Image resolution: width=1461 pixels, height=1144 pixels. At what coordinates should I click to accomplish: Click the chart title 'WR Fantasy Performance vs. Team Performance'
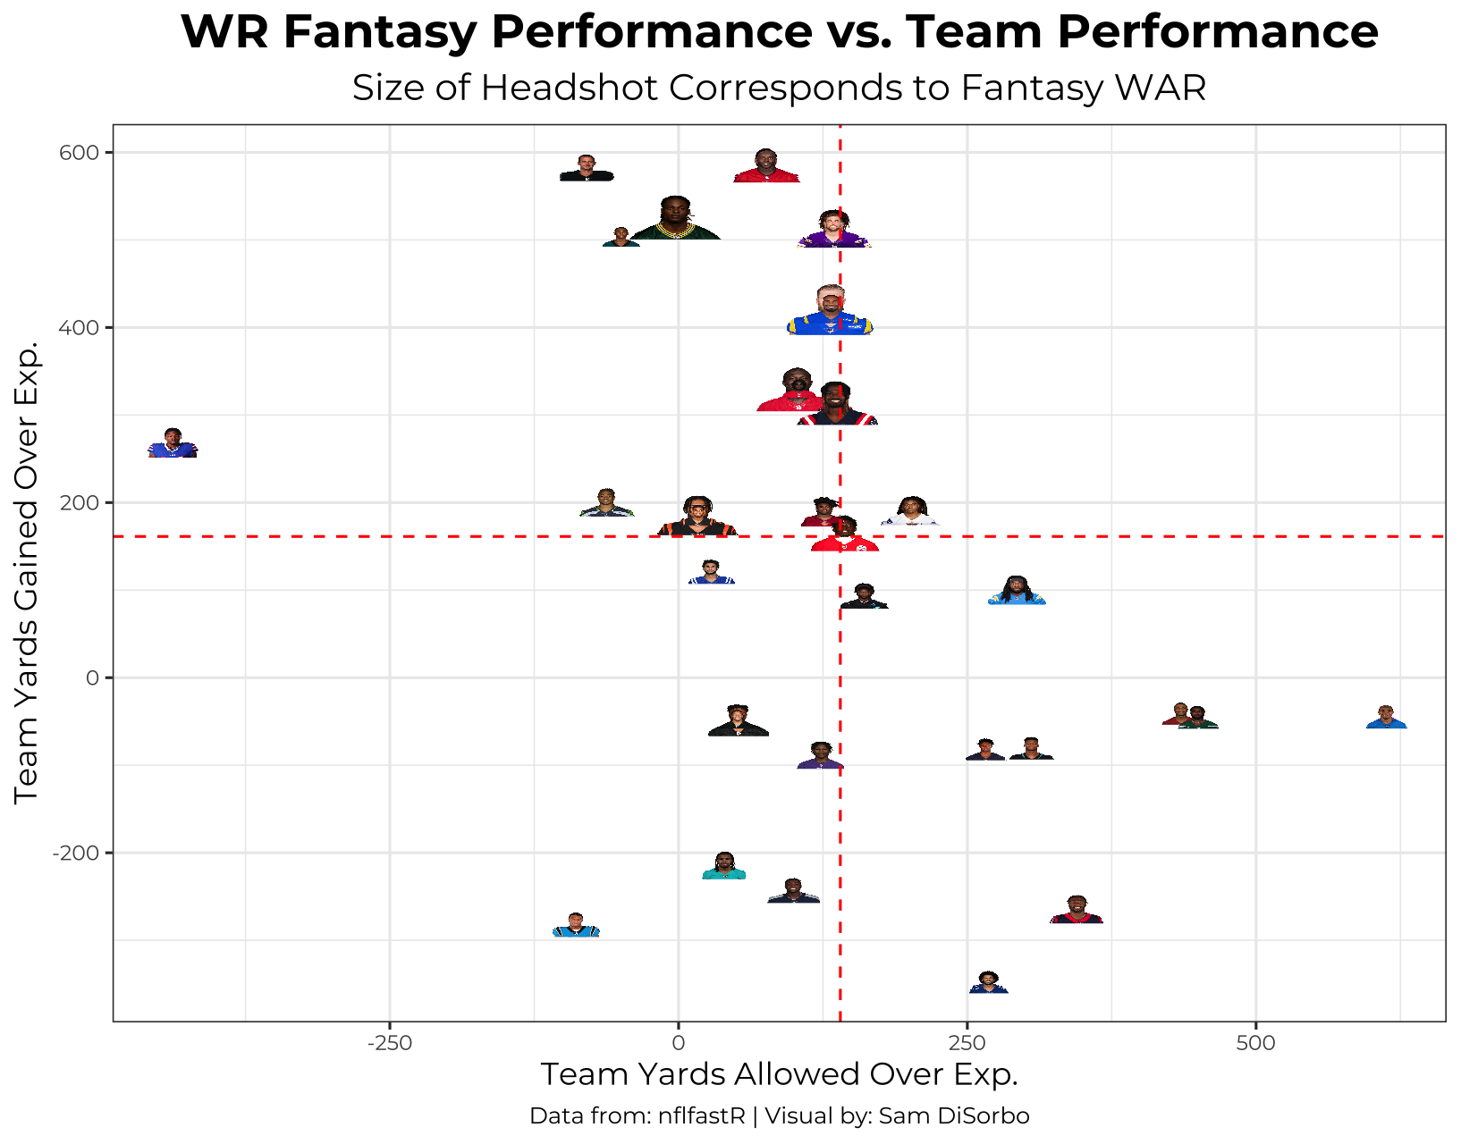tap(779, 32)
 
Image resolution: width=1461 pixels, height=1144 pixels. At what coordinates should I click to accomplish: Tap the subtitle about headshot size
tap(779, 88)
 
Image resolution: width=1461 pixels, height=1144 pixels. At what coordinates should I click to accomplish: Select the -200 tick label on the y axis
tap(78, 854)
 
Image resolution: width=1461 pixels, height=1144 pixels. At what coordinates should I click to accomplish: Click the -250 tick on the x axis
tap(389, 1043)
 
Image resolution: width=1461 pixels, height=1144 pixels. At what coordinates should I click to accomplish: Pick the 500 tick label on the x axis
tap(1256, 1043)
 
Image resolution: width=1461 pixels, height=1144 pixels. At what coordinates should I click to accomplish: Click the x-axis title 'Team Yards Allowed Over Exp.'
tap(779, 1074)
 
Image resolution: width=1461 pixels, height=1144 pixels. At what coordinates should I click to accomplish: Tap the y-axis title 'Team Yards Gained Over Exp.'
tap(27, 572)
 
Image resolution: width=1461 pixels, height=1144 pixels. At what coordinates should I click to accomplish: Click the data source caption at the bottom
tap(779, 1116)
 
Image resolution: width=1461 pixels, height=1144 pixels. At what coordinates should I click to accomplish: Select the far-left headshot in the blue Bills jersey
tap(173, 444)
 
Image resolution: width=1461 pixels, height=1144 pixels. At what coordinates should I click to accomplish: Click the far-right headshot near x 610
tap(1386, 718)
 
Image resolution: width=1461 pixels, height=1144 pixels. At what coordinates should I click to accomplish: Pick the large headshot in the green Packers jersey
tap(675, 220)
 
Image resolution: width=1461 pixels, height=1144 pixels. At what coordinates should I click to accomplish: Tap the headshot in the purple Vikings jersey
tap(833, 231)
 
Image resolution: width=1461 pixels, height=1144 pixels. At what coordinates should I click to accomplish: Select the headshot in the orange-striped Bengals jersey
tap(697, 517)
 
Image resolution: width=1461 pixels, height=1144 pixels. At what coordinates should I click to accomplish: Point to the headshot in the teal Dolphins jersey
tap(724, 867)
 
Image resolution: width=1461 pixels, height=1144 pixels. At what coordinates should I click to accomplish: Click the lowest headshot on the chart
tap(988, 983)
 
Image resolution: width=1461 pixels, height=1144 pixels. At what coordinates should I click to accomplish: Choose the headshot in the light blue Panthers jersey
tap(576, 926)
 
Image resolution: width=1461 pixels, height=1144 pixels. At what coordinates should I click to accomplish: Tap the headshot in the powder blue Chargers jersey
tap(1017, 592)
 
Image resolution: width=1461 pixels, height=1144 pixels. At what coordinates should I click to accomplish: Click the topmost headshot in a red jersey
tap(766, 167)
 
